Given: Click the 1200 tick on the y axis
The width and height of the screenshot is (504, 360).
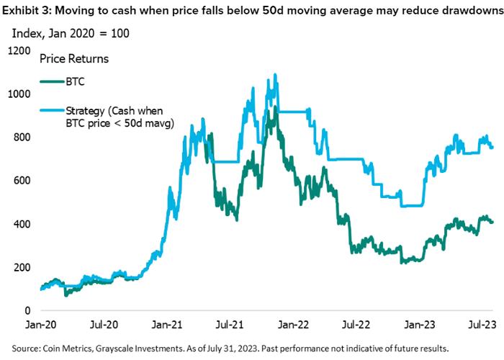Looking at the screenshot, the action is point(19,51).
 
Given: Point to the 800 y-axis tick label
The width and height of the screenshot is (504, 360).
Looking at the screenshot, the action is point(22,138).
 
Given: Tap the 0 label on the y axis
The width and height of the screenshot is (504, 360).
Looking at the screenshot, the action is point(27,310).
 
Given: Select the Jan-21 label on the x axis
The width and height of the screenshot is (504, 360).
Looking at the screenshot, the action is point(167,324).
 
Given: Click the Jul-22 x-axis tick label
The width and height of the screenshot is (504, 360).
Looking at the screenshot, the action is point(356,324).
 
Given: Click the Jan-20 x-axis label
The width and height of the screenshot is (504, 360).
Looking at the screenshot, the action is point(41,324).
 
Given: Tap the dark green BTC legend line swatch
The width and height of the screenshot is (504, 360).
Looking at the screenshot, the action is point(52,81).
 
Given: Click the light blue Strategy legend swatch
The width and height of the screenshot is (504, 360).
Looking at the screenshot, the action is point(52,111).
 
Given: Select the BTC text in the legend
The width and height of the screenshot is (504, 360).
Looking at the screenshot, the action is point(75,81).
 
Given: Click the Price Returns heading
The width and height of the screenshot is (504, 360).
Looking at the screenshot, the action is point(74,59).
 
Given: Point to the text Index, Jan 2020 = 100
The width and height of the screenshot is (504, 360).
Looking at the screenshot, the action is point(71,33).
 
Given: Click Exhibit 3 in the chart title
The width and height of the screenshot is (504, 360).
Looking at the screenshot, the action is point(27,11).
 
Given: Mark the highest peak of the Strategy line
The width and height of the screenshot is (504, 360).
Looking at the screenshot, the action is point(275,75).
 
